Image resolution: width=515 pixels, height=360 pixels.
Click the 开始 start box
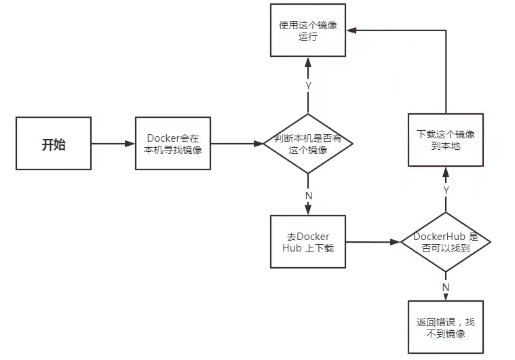coord(54,144)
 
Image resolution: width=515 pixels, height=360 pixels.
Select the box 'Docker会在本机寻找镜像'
coord(174,144)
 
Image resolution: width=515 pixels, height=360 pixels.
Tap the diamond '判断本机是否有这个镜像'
coord(309,144)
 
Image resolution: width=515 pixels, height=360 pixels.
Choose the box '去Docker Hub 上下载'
coord(308,241)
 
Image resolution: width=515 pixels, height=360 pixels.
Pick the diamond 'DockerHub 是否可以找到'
coord(445,242)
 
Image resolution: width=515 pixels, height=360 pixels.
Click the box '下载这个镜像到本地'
coord(445,140)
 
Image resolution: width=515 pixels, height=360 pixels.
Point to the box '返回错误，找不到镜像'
coord(445,328)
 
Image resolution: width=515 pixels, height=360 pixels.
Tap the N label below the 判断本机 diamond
coord(309,195)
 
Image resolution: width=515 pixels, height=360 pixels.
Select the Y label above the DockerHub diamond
coord(446,191)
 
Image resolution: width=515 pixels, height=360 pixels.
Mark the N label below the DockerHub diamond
coord(446,287)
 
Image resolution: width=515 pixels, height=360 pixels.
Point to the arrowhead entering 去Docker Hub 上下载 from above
coord(309,212)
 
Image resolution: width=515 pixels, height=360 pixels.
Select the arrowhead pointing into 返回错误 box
coord(446,297)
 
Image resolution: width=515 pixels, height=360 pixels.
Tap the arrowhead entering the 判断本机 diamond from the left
coord(259,144)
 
